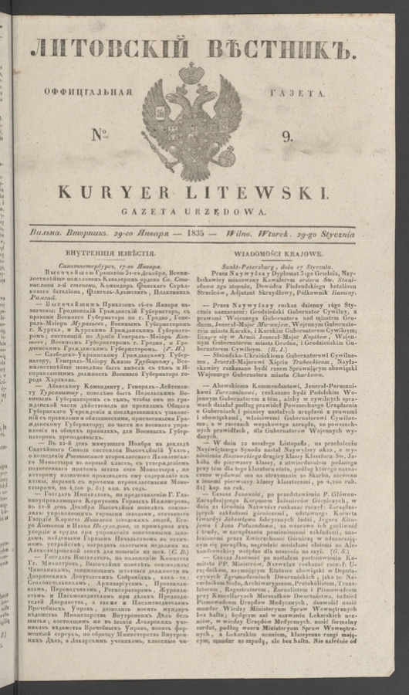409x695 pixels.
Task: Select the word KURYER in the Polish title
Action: pyautogui.click(x=122, y=192)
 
